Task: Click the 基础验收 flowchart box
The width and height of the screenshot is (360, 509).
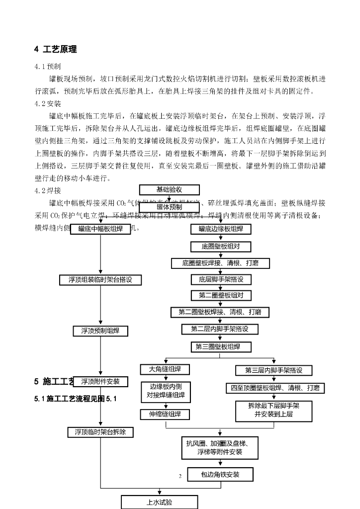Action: (x=169, y=189)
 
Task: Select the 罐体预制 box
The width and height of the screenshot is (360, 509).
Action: (x=169, y=207)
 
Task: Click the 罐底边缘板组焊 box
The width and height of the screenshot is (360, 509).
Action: (x=221, y=229)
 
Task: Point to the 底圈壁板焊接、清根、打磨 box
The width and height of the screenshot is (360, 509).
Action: (x=220, y=263)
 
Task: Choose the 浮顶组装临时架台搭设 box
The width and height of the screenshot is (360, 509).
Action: (x=100, y=280)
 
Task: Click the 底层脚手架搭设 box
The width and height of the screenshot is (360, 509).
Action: (x=221, y=279)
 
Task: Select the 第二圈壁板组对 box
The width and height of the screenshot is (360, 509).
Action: (x=221, y=295)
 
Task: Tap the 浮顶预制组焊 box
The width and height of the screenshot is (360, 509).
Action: (x=100, y=331)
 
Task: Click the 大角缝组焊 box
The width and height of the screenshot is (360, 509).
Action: (x=165, y=369)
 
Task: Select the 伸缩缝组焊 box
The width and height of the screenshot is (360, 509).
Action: (x=165, y=414)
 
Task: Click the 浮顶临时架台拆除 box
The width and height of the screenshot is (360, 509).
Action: (x=100, y=432)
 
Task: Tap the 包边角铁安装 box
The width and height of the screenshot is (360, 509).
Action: (x=220, y=475)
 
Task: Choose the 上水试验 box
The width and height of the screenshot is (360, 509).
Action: (x=159, y=502)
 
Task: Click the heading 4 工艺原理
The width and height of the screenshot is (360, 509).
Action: (x=55, y=49)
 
